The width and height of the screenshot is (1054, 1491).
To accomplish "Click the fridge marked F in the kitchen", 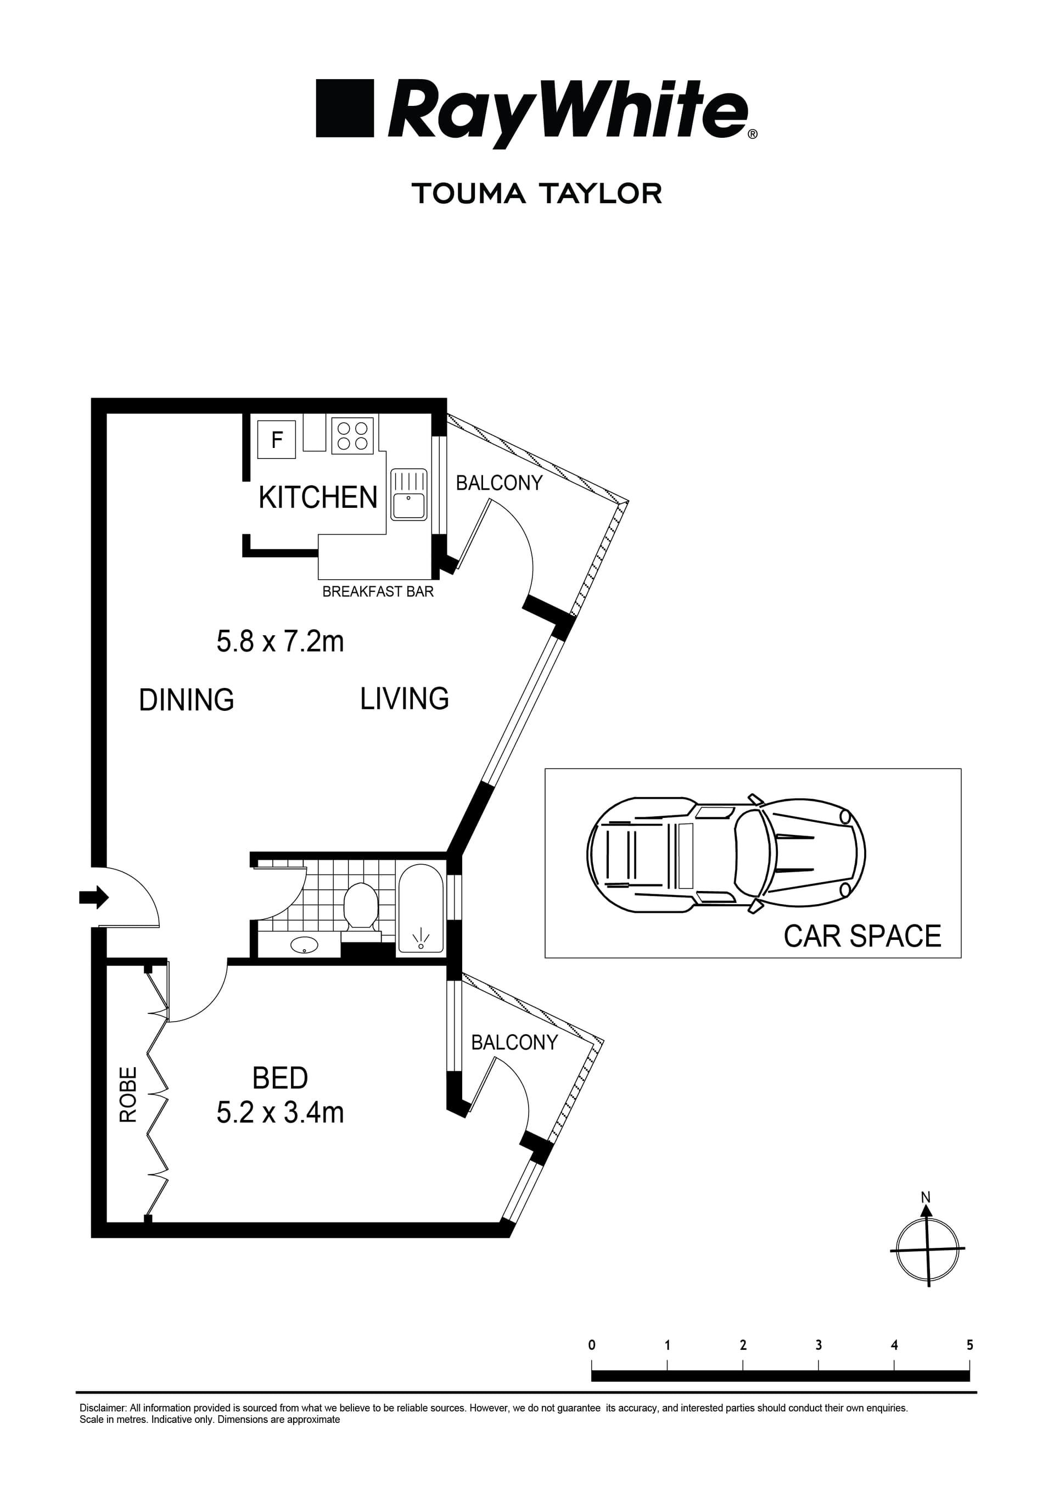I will coord(277,440).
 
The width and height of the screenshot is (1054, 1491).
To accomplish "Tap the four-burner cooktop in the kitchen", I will coord(352,436).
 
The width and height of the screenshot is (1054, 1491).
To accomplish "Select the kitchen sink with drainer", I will coord(409,495).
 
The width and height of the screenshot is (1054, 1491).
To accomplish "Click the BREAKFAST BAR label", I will coord(378,592).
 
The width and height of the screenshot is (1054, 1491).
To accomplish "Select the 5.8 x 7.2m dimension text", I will coord(280,642).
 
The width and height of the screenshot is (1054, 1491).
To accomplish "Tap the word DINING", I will coord(187,700).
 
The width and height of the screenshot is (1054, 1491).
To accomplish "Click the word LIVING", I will coord(405,699).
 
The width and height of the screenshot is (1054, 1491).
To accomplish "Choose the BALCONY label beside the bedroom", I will coord(514,1042).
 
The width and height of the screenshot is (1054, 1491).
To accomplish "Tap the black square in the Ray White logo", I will coord(345,109).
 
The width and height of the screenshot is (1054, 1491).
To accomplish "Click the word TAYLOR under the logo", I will coord(600,194).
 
